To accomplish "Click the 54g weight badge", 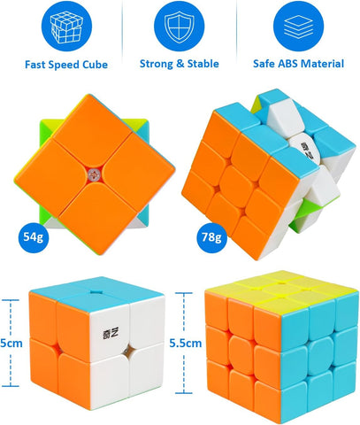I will [x=32, y=236].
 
